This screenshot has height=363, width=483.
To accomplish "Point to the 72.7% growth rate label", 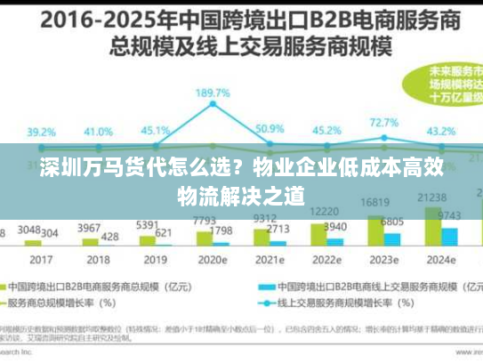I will point(383,123).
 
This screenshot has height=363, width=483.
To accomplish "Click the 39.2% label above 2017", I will point(41,131).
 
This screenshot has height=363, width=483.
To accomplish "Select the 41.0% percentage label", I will point(100,130).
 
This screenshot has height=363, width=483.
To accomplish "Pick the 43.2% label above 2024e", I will point(442,131).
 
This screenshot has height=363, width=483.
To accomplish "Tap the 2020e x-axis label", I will point(213,261).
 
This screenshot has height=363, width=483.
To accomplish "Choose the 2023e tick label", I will point(385,261).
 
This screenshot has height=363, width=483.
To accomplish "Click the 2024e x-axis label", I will point(442,261).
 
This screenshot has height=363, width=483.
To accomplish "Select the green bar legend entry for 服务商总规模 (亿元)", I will point(89,286).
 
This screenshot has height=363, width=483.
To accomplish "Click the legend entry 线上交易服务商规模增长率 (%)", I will point(329,302).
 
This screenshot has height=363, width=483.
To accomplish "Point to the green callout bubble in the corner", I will point(449,85).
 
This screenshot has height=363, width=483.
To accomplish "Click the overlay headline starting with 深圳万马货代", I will point(241,181).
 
